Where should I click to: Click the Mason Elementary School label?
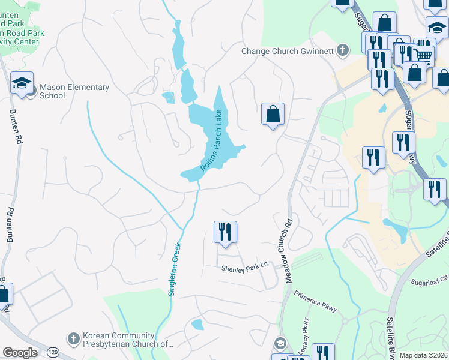(74, 91)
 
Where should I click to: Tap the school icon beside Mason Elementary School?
(22, 83)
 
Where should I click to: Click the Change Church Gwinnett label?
(287, 51)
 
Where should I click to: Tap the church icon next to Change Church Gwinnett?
(343, 50)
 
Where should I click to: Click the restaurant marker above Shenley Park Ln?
(225, 232)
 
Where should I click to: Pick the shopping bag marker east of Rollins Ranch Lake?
(273, 114)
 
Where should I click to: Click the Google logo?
(20, 353)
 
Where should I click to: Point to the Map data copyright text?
(423, 355)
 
